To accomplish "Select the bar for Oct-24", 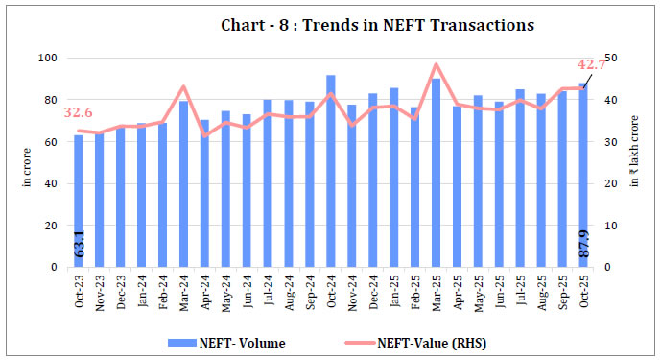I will (330, 173).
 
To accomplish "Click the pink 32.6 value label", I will (79, 113).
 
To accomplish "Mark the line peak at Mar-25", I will (436, 65).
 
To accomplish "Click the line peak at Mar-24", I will (183, 87).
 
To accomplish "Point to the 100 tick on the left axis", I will (46, 59).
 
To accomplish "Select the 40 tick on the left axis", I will (49, 184).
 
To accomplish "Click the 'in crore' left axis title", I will (26, 163).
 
